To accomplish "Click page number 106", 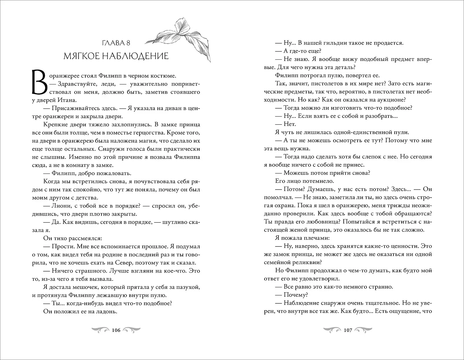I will [116, 331].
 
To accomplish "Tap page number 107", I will [348, 331].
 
